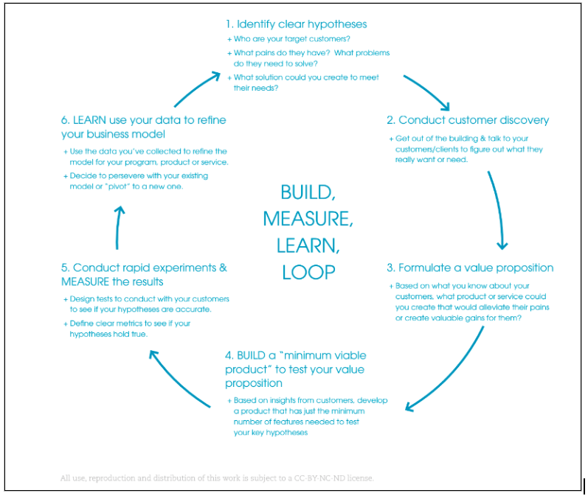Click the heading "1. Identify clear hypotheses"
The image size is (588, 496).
point(296,24)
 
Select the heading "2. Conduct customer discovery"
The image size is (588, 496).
point(468,120)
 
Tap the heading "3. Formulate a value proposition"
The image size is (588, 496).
point(470,268)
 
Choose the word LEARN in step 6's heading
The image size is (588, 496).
point(91,120)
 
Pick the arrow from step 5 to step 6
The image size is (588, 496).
point(118,228)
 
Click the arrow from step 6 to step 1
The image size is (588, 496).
point(195,88)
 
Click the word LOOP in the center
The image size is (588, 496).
point(308,271)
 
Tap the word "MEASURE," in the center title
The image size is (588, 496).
point(308,219)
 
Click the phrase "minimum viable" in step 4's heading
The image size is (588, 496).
point(325,355)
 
